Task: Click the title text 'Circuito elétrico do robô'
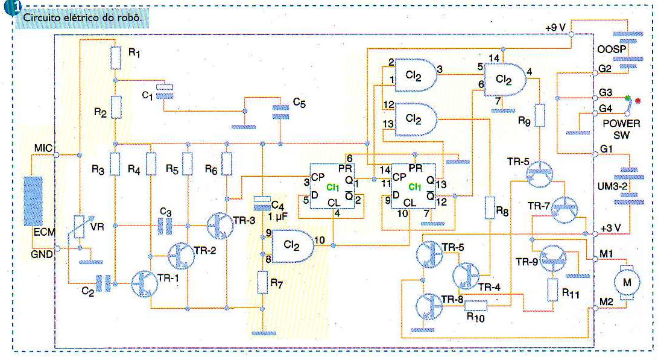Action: click(x=81, y=18)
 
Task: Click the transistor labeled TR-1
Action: click(x=144, y=282)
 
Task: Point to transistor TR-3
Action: click(x=220, y=225)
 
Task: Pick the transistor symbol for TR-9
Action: click(x=552, y=256)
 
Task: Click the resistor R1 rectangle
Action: click(x=117, y=58)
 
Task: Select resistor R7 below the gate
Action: click(x=262, y=282)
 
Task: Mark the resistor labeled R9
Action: click(x=540, y=114)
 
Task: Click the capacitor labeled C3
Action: click(x=166, y=226)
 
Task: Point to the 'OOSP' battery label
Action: click(x=612, y=48)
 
